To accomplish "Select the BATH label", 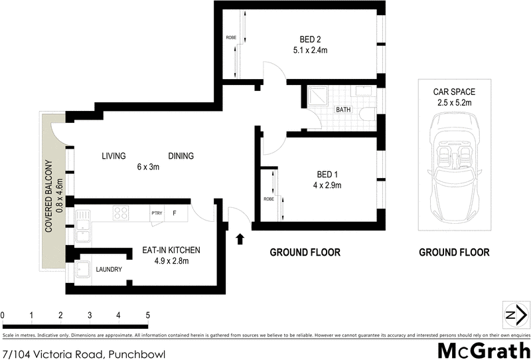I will pyautogui.click(x=343, y=110).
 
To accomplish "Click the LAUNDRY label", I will pyautogui.click(x=108, y=270).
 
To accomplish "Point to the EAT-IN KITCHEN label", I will pyautogui.click(x=171, y=250).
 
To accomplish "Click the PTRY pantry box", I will pyautogui.click(x=157, y=213).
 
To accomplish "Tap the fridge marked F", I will pyautogui.click(x=175, y=213).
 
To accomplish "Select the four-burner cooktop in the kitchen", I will pyautogui.click(x=121, y=213).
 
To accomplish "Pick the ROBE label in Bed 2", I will pyautogui.click(x=231, y=37).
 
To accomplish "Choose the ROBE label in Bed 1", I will pyautogui.click(x=269, y=198).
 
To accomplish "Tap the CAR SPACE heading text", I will pyautogui.click(x=455, y=92).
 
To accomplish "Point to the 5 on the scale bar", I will pyautogui.click(x=147, y=315).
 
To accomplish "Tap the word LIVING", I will pyautogui.click(x=114, y=156).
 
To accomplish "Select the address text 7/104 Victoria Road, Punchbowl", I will pyautogui.click(x=83, y=353).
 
